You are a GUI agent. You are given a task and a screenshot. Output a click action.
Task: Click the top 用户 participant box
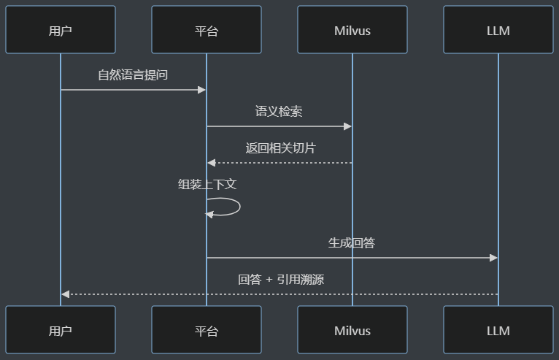tap(61, 30)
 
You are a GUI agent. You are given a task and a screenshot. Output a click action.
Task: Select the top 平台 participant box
tap(207, 30)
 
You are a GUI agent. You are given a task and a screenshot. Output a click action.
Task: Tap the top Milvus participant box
tap(352, 30)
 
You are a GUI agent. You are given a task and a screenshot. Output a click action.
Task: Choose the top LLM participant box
tap(498, 30)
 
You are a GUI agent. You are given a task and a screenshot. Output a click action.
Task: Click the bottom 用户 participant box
tap(61, 329)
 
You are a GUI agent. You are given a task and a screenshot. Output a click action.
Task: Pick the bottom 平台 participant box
tap(207, 329)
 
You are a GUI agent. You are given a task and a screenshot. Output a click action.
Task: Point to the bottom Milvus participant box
tap(352, 329)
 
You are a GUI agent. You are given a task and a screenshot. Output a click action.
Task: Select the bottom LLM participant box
tap(498, 329)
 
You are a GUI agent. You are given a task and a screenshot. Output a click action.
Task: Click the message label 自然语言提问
tap(133, 75)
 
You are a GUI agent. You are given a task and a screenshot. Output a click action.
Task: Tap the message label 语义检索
tap(279, 111)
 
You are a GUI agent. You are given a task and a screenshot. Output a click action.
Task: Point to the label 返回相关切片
tap(280, 148)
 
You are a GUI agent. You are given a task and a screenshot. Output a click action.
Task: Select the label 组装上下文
tap(207, 185)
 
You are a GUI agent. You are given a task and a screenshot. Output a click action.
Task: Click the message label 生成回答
tap(352, 243)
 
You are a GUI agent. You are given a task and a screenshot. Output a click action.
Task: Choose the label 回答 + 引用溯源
tap(281, 280)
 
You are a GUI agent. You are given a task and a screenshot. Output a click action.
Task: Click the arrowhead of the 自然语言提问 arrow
tap(202, 90)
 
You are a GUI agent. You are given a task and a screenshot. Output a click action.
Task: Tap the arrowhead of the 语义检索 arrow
tap(347, 126)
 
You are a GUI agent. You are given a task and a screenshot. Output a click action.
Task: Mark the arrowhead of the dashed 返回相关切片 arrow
tap(212, 163)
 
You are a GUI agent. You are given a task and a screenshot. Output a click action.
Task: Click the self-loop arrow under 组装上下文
tap(240, 207)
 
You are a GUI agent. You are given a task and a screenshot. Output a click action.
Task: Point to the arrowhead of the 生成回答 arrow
tap(494, 258)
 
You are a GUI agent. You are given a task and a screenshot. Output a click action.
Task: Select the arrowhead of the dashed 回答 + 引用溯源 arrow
tap(65, 294)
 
